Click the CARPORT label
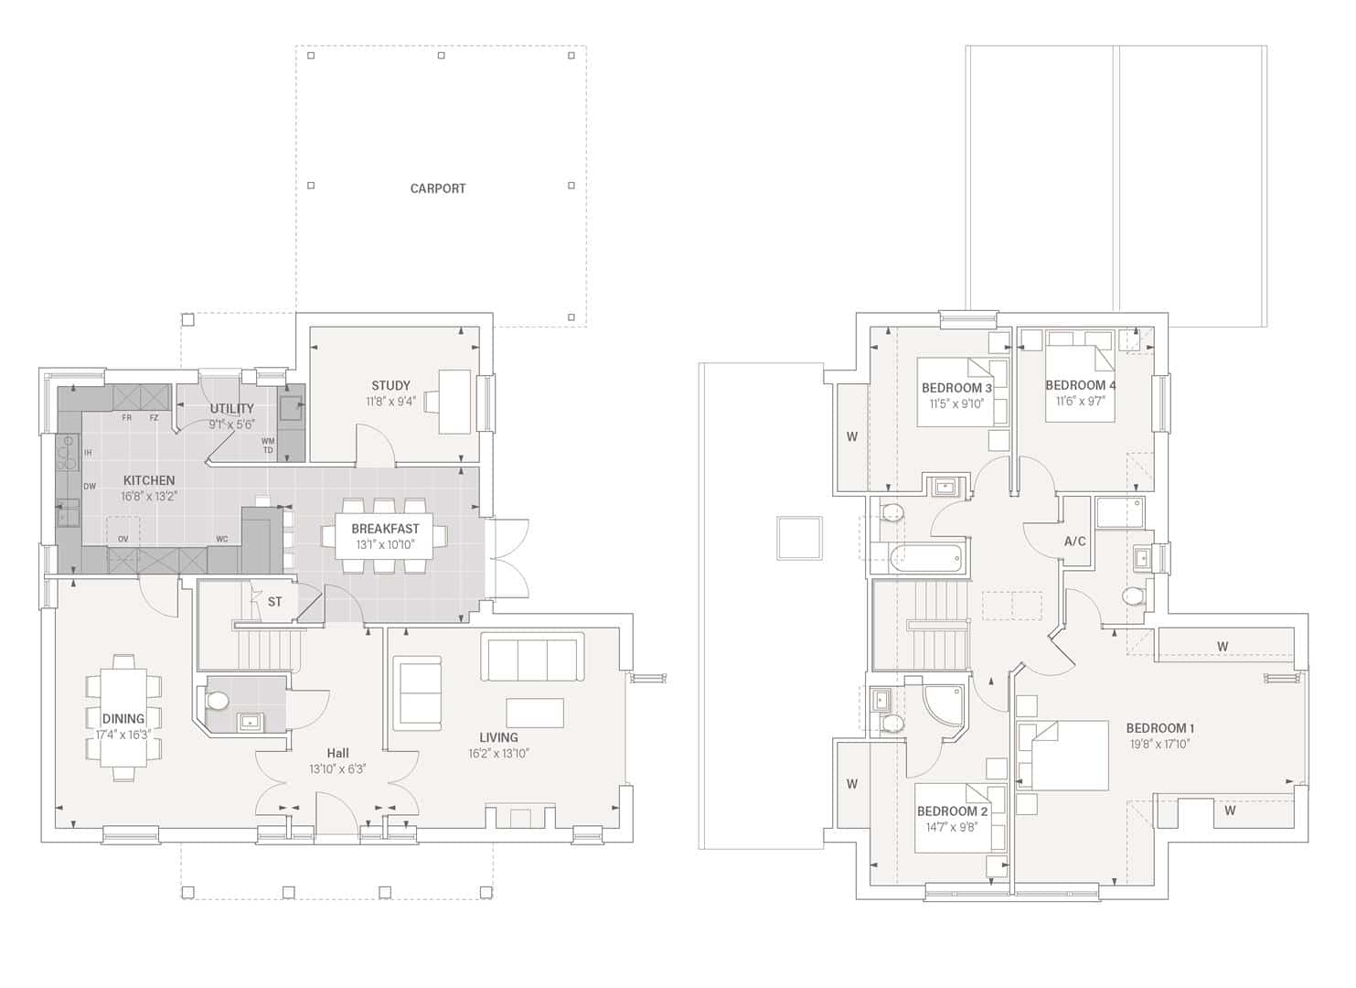point(438,188)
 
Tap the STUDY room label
point(390,385)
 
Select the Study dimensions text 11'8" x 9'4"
point(390,401)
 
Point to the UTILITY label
point(231,408)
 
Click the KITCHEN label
point(149,480)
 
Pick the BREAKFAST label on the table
point(385,529)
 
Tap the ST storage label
point(275,602)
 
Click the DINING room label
point(123,719)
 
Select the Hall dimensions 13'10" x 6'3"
point(337,769)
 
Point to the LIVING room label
point(498,737)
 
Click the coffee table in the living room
point(535,713)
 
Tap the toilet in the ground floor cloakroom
point(218,701)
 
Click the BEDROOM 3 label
point(956,388)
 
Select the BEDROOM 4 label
point(1080,385)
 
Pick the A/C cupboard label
point(1075,542)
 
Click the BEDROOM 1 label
point(1159,728)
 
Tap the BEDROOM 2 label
point(952,811)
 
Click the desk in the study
point(454,401)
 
